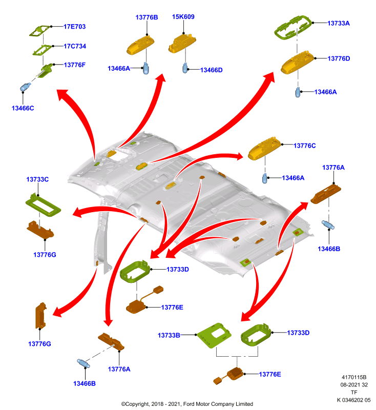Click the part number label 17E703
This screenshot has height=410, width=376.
tap(74, 27)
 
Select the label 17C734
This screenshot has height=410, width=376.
tap(75, 46)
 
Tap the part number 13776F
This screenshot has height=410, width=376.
tap(75, 65)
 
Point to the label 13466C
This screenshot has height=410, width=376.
tap(23, 108)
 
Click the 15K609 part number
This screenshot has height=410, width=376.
tap(183, 17)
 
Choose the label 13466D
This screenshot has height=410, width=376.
tap(212, 70)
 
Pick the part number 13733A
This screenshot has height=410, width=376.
tap(339, 23)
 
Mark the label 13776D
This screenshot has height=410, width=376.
tap(339, 58)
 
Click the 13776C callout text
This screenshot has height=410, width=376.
tap(305, 146)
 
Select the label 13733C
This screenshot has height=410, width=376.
tap(37, 179)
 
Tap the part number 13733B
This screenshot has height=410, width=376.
tap(169, 335)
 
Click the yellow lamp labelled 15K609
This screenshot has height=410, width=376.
tap(182, 44)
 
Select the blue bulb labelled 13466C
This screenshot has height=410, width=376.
tap(25, 87)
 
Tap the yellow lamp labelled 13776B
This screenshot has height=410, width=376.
tap(140, 45)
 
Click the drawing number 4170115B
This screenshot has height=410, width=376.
tap(354, 377)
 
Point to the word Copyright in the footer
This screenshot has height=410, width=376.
tap(137, 404)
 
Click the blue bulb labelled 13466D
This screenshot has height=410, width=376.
tap(185, 68)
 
